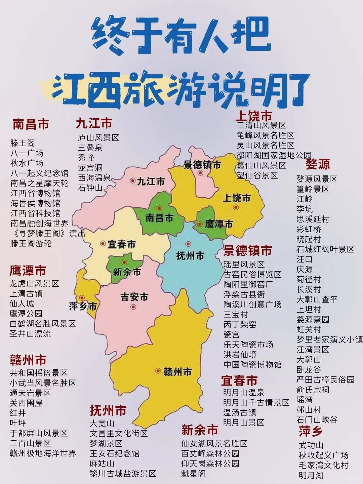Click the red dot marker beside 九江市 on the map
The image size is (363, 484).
point(133,180)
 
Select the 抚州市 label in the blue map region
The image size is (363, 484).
point(190,256)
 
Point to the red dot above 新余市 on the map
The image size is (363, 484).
point(124,263)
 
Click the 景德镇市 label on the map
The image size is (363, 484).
point(202,165)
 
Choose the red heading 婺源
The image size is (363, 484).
point(318,164)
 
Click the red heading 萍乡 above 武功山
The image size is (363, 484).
point(311,431)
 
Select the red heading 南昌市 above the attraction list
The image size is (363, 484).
point(31,124)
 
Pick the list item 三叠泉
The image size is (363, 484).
point(90,148)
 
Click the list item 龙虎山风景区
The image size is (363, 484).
point(34,283)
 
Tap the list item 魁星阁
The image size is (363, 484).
point(193,474)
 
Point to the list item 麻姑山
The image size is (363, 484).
point(102,463)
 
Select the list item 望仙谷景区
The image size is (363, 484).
point(257,175)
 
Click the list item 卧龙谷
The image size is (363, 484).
point(309,369)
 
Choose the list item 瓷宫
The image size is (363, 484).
point(232,334)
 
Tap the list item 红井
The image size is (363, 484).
point(18,413)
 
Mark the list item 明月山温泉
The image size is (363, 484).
point(244,392)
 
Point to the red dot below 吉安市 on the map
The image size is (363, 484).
point(133,306)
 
